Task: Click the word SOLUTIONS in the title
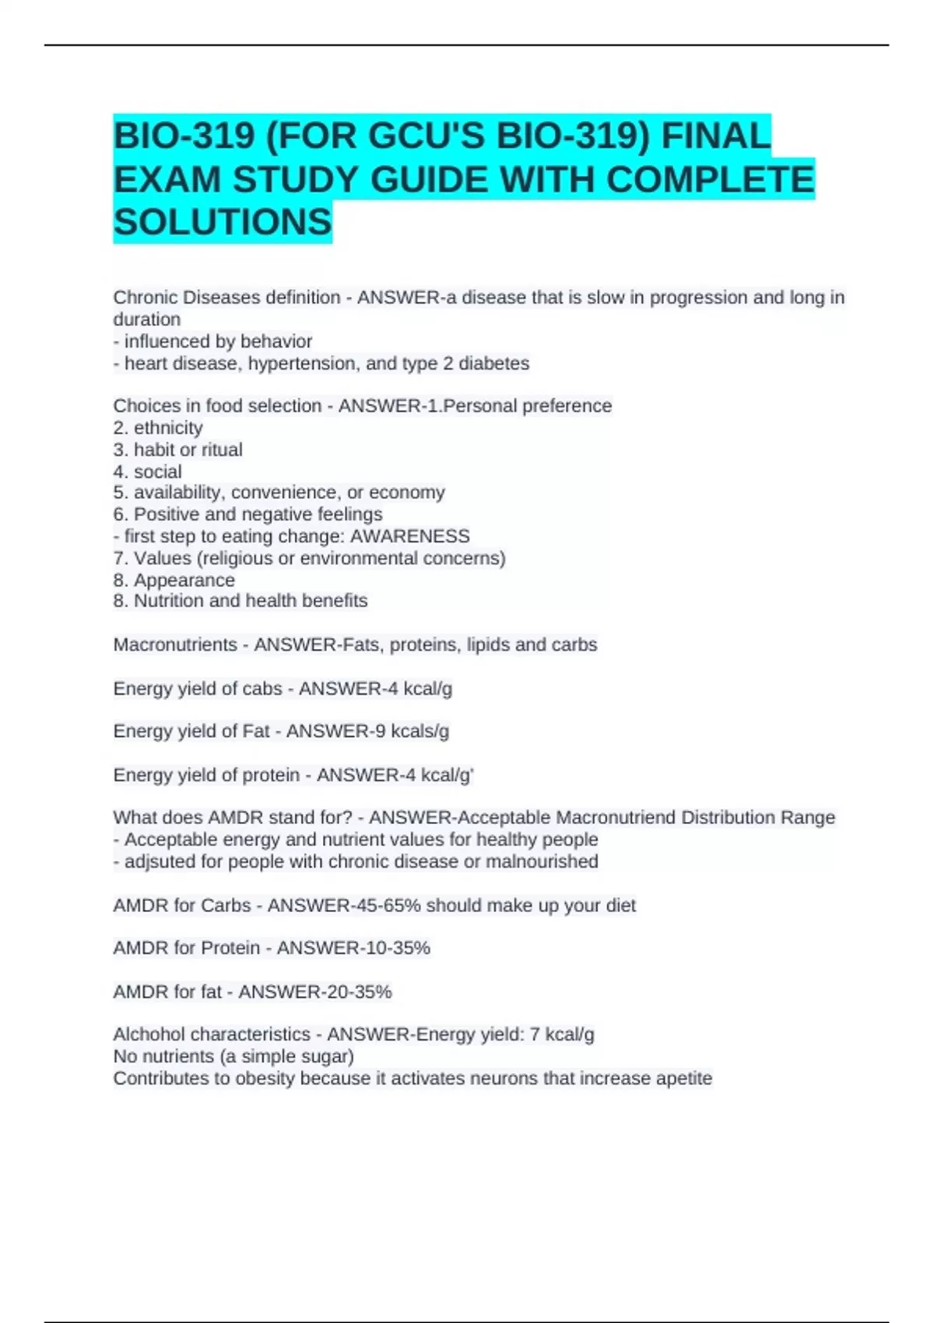pos(223,223)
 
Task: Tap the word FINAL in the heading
pos(716,136)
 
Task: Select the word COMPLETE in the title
pos(709,180)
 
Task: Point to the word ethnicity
pos(168,428)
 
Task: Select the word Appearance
pos(184,581)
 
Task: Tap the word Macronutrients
pos(175,645)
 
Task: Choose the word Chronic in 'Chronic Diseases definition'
pos(145,298)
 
